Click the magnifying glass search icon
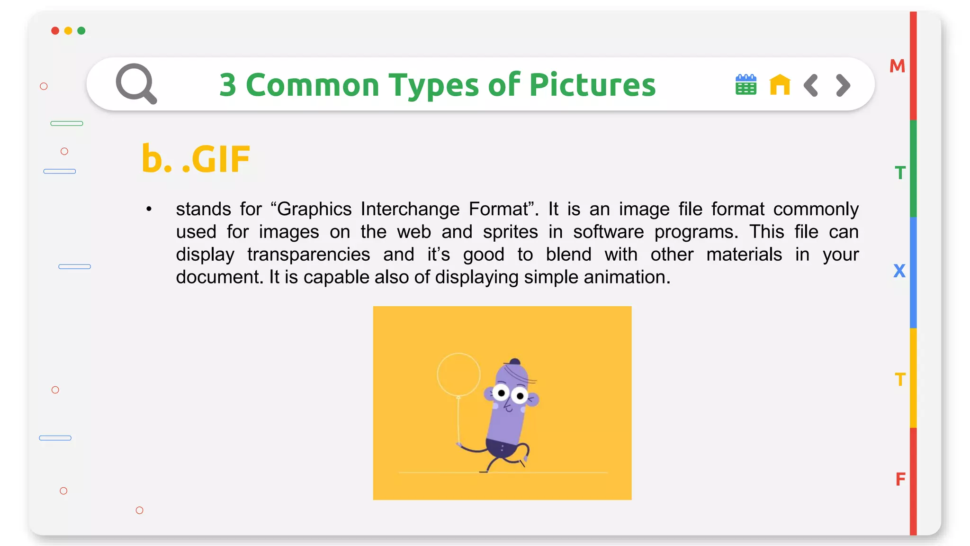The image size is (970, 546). pyautogui.click(x=135, y=83)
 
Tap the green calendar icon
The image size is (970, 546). pyautogui.click(x=745, y=85)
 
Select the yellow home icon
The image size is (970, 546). pyautogui.click(x=780, y=85)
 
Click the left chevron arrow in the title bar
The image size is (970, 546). pyautogui.click(x=811, y=85)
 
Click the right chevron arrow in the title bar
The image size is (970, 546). pyautogui.click(x=843, y=85)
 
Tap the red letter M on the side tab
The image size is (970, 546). pyautogui.click(x=897, y=66)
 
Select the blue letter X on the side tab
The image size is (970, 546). pyautogui.click(x=899, y=271)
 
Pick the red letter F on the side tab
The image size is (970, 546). pyautogui.click(x=900, y=480)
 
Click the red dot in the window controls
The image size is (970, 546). pyautogui.click(x=55, y=31)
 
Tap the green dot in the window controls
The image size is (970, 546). pyautogui.click(x=81, y=31)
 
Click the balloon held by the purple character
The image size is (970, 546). pyautogui.click(x=458, y=374)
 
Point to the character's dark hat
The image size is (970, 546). pyautogui.click(x=514, y=362)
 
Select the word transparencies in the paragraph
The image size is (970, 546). pyautogui.click(x=308, y=255)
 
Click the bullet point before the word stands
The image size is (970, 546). pyautogui.click(x=149, y=209)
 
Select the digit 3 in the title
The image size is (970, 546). pyautogui.click(x=228, y=85)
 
